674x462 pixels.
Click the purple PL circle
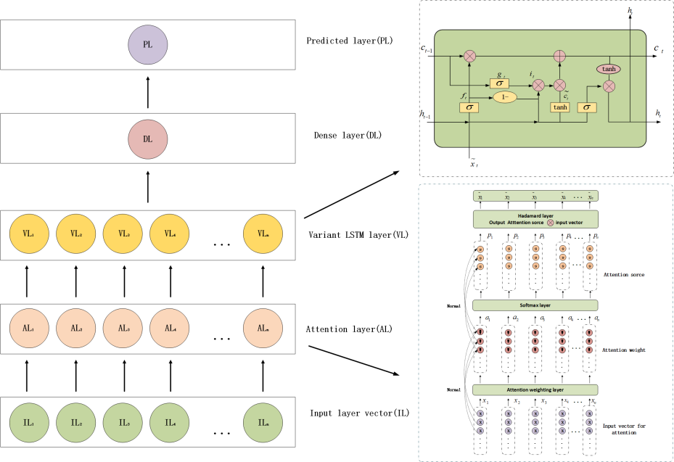(147, 44)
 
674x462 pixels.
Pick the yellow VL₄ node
(170, 233)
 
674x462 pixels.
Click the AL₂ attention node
(76, 328)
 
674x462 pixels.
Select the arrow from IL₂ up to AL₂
(76, 375)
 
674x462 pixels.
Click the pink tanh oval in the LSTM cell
(609, 68)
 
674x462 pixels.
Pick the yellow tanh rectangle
(559, 107)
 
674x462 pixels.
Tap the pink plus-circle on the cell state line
(559, 55)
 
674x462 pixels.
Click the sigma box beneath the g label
(499, 83)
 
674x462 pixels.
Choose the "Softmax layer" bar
(535, 305)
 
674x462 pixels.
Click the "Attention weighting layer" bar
(535, 389)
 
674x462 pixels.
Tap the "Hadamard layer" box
(535, 219)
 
